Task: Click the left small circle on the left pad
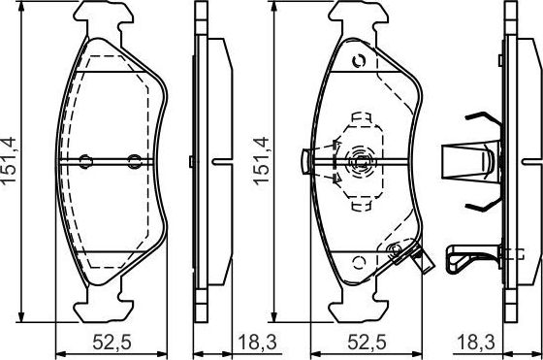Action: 84,161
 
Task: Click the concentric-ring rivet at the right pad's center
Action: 361,160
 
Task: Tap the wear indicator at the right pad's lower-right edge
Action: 398,255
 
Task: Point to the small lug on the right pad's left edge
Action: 305,159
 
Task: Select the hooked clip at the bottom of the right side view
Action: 463,256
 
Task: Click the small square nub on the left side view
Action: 194,160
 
